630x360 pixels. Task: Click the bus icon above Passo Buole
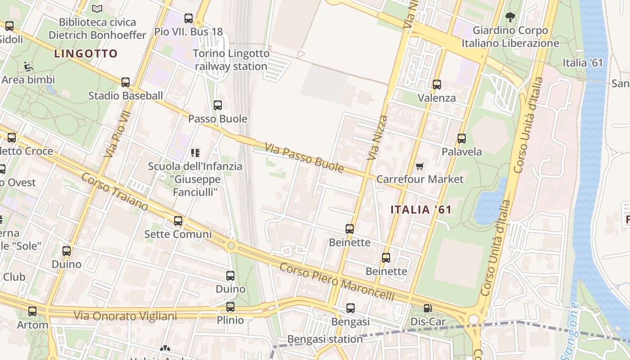coord(218,105)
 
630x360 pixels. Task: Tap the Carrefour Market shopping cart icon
coord(420,166)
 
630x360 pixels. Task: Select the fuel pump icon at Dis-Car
coord(427,308)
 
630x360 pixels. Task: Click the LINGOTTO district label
coord(85,54)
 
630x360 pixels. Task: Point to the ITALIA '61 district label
coord(421,210)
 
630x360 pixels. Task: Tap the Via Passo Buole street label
coord(304,158)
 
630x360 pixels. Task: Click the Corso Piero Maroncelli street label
coord(337,282)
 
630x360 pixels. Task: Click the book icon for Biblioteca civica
coord(97,9)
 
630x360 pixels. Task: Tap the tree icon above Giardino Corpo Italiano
coord(510,18)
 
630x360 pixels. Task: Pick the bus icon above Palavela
coord(462,139)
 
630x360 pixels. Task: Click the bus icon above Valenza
coord(436,85)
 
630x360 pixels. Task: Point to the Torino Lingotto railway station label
coord(231,60)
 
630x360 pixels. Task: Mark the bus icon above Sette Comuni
coord(178,221)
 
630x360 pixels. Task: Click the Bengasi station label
coord(325,339)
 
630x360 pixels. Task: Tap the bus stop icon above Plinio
coord(230,307)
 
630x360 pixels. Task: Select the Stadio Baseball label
coord(126,95)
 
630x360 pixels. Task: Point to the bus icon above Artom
coord(32,311)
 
